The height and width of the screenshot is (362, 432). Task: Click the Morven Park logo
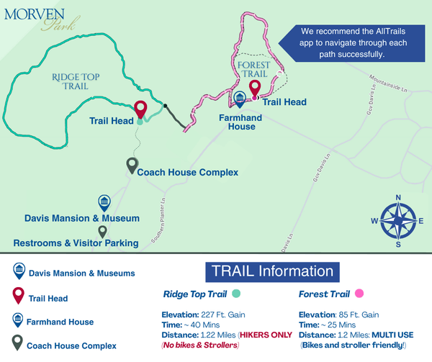tap(35, 20)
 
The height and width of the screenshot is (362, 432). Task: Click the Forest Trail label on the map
tap(253, 70)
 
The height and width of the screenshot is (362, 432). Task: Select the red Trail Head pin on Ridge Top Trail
tap(140, 109)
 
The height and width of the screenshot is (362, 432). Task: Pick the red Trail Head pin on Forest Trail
tap(255, 89)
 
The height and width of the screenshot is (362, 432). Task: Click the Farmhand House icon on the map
tap(240, 101)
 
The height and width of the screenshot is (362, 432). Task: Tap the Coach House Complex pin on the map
tap(132, 166)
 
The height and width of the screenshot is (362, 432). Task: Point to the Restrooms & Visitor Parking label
tap(76, 243)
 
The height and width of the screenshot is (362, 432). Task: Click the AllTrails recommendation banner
tap(348, 42)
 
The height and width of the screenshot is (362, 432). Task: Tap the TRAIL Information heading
tap(271, 271)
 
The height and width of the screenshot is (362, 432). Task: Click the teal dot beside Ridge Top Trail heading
tap(236, 294)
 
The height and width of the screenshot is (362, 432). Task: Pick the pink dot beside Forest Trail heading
tap(359, 294)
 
